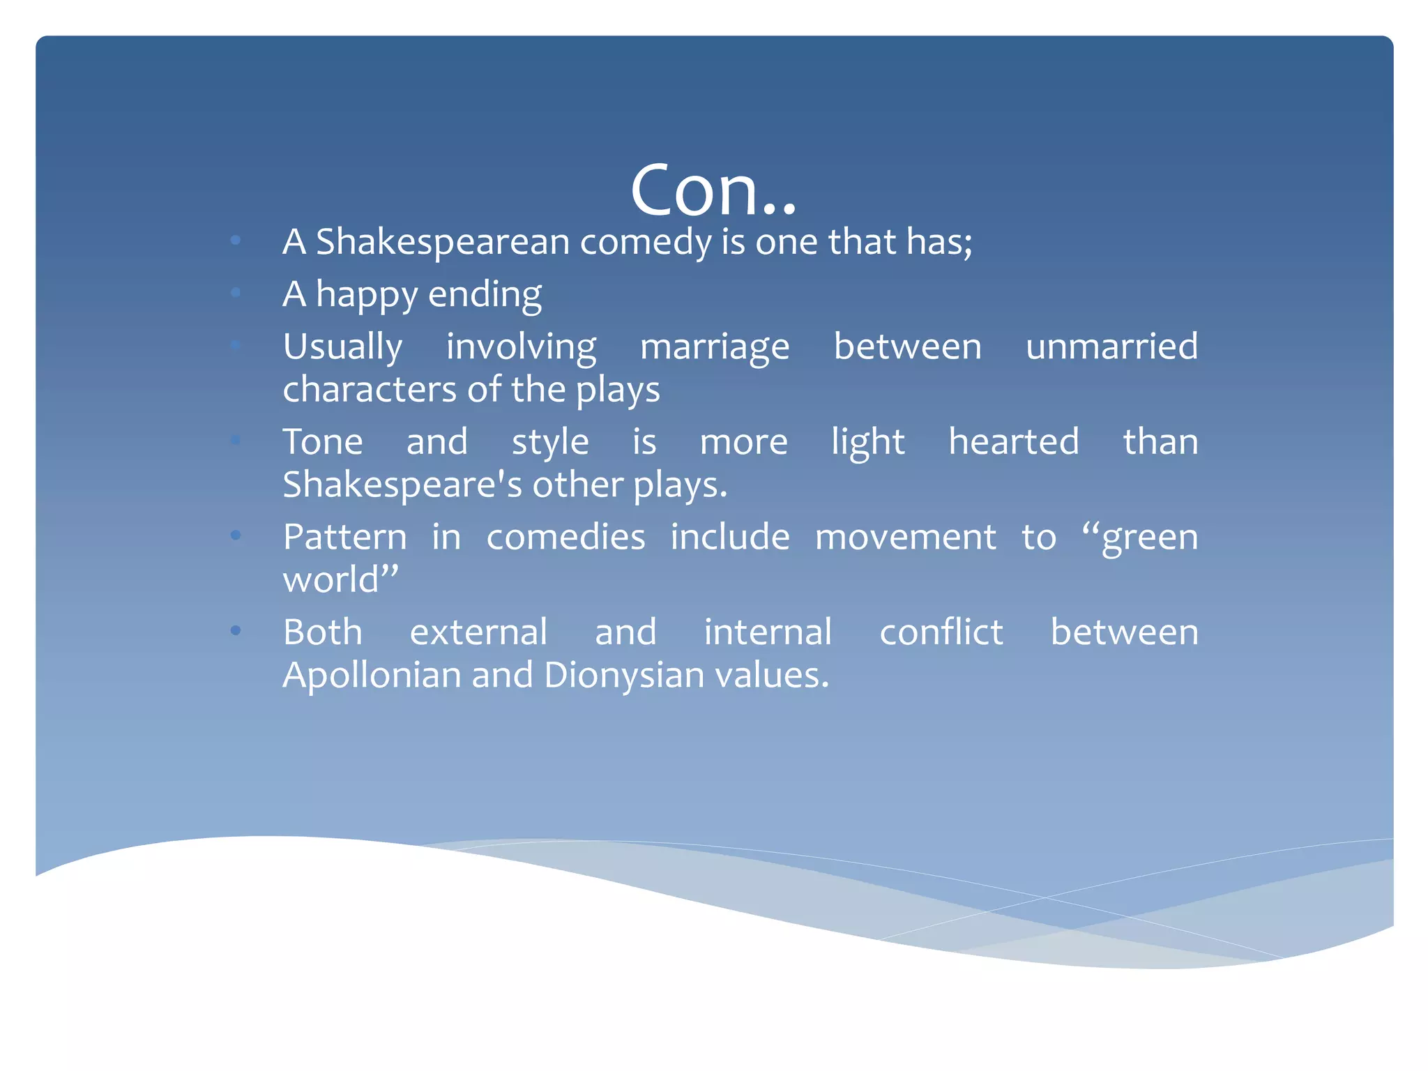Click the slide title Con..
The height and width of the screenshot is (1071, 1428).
[713, 190]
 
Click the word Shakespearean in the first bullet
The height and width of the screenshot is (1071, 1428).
[443, 242]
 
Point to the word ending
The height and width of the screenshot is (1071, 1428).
[485, 294]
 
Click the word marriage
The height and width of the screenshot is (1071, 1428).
[715, 347]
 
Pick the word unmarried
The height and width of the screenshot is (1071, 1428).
[1111, 347]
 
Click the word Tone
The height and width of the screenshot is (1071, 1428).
[323, 442]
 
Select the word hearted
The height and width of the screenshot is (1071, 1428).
[1014, 442]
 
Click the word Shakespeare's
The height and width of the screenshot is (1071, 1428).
[402, 485]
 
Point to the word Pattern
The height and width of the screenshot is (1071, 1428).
[344, 538]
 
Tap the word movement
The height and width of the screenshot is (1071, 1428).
[906, 538]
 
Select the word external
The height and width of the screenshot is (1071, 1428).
[478, 632]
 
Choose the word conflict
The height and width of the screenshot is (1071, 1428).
[941, 632]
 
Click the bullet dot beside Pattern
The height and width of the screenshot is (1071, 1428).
[236, 535]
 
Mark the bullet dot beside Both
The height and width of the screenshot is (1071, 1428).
[236, 631]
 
